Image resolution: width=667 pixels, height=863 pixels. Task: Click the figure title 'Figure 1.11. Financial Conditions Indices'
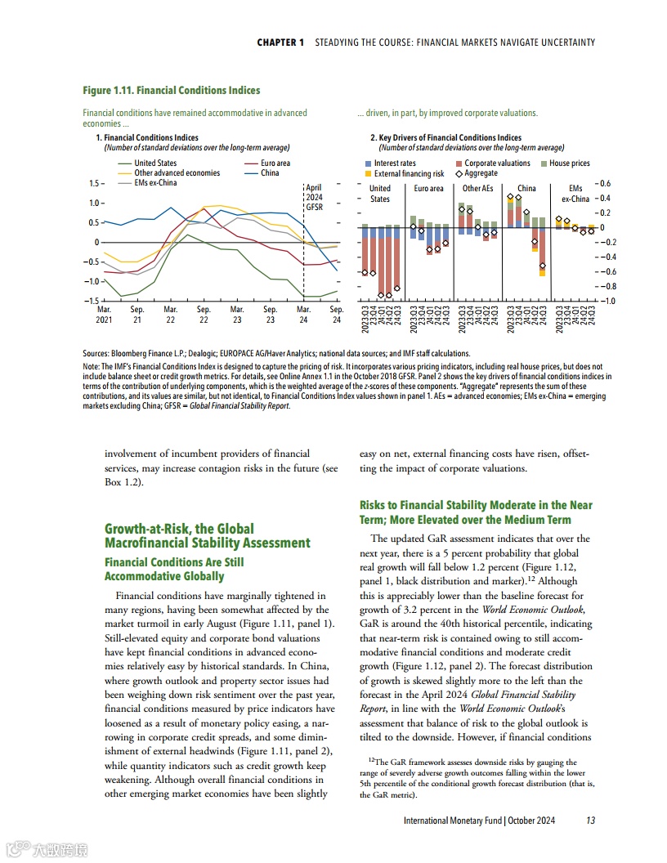[172, 90]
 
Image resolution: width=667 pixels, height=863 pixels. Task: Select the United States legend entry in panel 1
[154, 163]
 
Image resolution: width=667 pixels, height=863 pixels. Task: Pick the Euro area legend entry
[275, 163]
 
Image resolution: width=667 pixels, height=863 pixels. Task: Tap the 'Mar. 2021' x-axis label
[105, 315]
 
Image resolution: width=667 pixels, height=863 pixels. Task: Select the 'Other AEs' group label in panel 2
[477, 189]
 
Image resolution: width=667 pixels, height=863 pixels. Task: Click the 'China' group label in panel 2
[526, 189]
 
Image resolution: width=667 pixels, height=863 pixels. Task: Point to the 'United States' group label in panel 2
[380, 194]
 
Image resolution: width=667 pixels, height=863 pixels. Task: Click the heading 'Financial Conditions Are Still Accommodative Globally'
[174, 569]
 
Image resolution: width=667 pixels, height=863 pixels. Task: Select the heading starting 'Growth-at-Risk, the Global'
[208, 536]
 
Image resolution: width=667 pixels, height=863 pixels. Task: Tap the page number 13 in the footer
[590, 821]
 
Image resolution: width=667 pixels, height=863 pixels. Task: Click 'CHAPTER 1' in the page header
[280, 42]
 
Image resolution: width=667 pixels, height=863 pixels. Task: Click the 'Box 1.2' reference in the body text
[123, 482]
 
